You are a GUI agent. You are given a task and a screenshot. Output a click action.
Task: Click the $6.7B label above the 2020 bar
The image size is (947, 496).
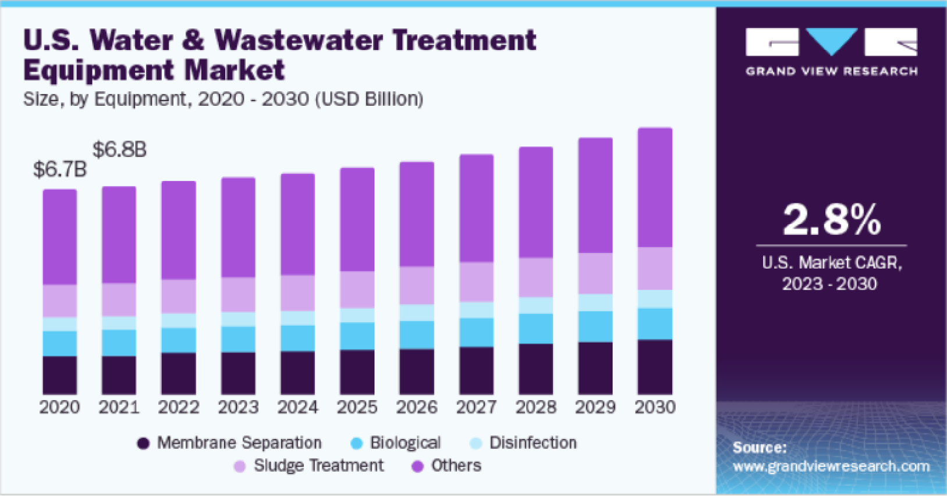point(60,169)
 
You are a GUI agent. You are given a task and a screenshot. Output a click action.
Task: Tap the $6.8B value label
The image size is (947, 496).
point(119,149)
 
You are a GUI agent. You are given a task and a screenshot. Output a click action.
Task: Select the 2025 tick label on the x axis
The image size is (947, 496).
point(357,406)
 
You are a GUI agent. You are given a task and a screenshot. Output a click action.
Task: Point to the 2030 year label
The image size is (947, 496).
point(655,406)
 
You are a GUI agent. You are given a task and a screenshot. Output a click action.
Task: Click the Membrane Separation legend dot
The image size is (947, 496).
point(143,444)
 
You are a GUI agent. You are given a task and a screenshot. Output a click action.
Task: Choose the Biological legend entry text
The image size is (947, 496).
point(405,443)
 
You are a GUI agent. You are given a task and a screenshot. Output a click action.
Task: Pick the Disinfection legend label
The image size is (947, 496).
point(533,443)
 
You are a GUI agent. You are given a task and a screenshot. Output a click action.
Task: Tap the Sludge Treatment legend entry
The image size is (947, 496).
point(318,466)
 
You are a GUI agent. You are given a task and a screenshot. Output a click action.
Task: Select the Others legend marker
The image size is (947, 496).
point(417,466)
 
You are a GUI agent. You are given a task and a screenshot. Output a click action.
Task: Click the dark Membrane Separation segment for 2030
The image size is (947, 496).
point(655,367)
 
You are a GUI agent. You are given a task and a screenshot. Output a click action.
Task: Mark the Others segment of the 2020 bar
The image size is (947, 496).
point(60,237)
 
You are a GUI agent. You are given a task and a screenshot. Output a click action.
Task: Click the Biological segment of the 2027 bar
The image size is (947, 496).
point(476,333)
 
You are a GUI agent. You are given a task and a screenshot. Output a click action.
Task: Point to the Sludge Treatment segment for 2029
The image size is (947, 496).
point(595,273)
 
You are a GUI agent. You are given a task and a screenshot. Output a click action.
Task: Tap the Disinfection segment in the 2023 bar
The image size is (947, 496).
point(238,319)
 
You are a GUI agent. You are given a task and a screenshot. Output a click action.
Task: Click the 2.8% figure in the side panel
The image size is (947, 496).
point(831,220)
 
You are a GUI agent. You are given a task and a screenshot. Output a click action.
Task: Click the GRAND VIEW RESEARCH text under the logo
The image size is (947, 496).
point(831,72)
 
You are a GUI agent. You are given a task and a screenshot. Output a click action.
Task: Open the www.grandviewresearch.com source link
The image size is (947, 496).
point(831,466)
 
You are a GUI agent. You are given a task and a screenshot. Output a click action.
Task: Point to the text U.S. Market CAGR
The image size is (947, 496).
point(831,263)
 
